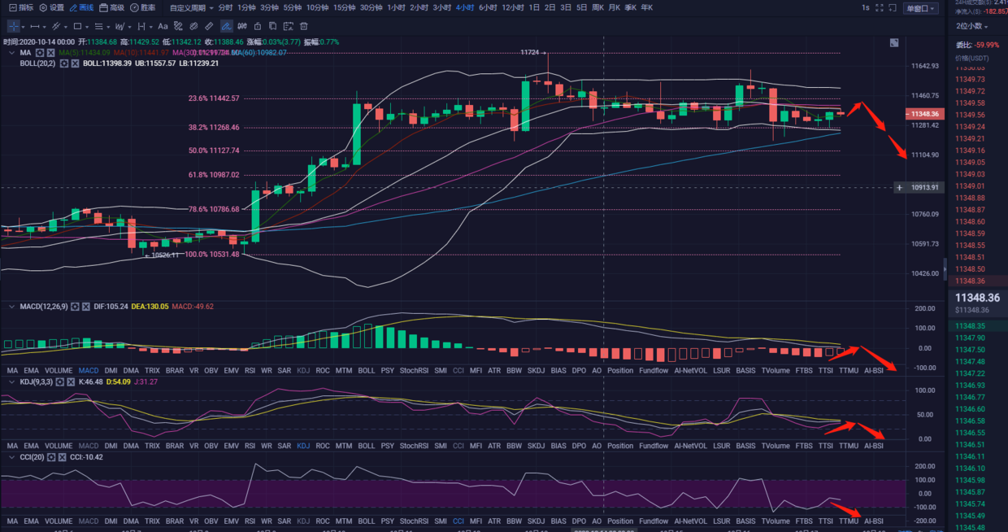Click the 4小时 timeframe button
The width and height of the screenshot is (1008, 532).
(465, 7)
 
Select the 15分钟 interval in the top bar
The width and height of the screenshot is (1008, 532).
(344, 7)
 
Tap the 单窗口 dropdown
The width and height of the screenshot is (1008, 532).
(920, 8)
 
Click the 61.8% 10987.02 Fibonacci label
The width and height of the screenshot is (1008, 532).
(214, 175)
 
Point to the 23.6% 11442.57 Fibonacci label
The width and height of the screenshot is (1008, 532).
(214, 98)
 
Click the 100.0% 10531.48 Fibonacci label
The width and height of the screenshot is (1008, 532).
(214, 255)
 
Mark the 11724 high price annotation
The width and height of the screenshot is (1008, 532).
(530, 52)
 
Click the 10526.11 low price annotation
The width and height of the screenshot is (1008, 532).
(165, 255)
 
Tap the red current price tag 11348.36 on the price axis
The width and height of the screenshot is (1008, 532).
(925, 115)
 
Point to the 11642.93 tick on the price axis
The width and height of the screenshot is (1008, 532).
(925, 66)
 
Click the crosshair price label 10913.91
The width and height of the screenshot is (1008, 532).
(925, 187)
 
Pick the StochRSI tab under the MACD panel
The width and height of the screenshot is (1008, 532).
(413, 370)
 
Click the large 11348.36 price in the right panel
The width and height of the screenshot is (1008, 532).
(977, 298)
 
